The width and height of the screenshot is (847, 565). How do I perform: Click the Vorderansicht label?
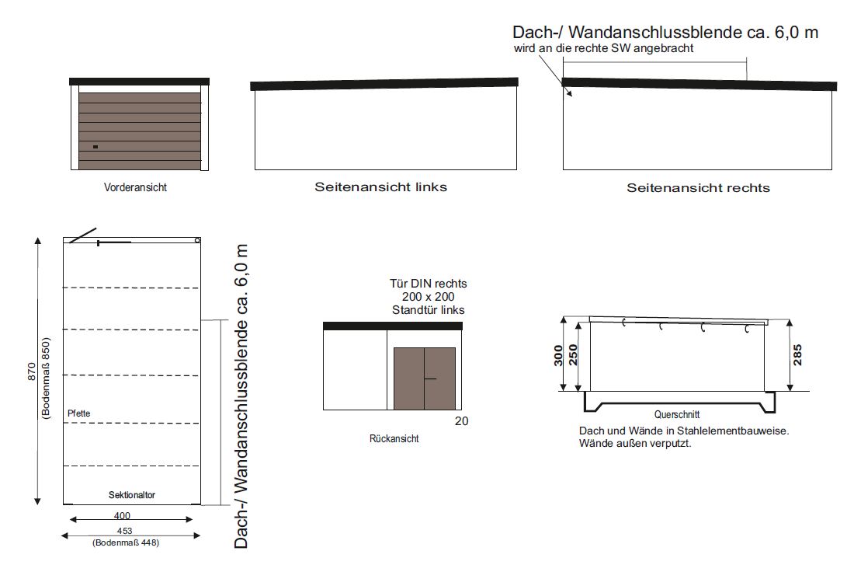tap(135, 187)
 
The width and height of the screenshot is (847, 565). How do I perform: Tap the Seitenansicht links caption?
tap(381, 187)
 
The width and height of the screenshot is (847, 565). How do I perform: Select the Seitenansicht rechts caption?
tap(698, 188)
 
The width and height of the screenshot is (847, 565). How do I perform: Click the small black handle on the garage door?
tap(95, 147)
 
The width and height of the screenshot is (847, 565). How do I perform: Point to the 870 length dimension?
tap(32, 371)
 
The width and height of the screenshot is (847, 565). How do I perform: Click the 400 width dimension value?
tap(122, 516)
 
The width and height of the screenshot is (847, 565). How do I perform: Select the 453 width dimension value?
tap(125, 531)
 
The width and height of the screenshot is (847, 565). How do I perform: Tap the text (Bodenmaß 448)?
tap(126, 542)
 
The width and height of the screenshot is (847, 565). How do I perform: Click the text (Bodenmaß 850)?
tap(45, 378)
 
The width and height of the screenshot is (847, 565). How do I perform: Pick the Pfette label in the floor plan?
tap(79, 413)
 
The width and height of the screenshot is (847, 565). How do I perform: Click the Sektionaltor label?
tap(132, 495)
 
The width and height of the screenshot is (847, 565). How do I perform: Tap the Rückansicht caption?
tap(394, 438)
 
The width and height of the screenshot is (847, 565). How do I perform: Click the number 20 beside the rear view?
tap(461, 421)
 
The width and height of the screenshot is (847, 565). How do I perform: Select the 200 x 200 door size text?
tap(428, 297)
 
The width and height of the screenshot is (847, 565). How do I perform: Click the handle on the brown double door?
tap(430, 378)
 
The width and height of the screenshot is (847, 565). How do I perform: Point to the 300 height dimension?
tap(558, 355)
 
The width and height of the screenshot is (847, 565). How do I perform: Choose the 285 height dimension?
tap(797, 355)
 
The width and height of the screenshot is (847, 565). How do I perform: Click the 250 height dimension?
tap(573, 355)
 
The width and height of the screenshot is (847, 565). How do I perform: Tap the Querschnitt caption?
tap(677, 415)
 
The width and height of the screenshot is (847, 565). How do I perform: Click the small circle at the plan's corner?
tap(197, 240)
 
